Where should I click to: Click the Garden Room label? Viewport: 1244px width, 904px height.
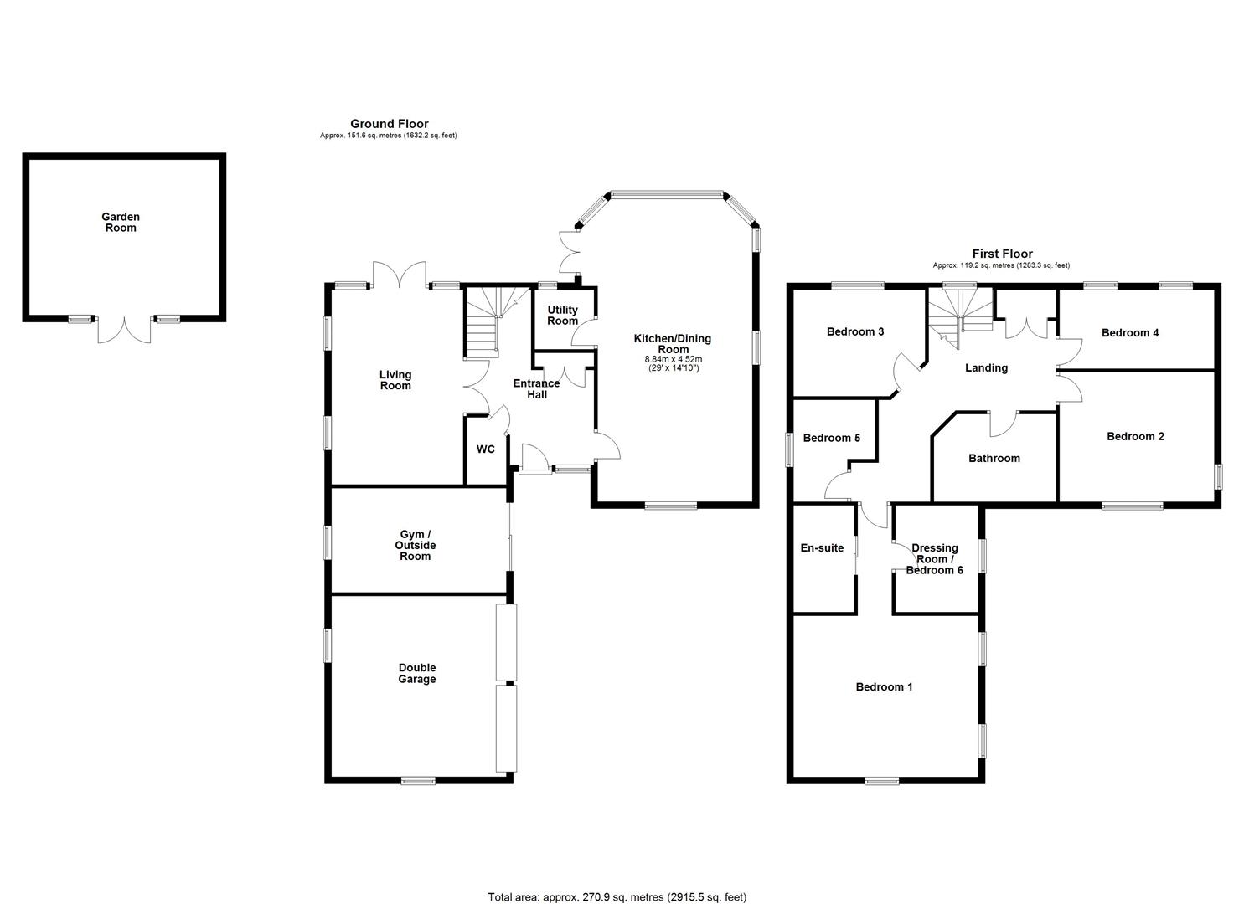pyautogui.click(x=121, y=223)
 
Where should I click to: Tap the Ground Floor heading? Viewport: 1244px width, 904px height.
pyautogui.click(x=389, y=124)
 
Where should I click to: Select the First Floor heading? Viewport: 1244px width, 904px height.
pyautogui.click(x=1002, y=254)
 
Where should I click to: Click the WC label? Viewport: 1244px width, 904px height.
pyautogui.click(x=486, y=449)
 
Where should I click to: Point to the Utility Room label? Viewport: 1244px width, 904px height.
pyautogui.click(x=562, y=316)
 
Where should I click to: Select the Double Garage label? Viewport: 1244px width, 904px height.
pyautogui.click(x=416, y=674)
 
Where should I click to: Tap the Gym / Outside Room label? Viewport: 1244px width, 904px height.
pyautogui.click(x=416, y=546)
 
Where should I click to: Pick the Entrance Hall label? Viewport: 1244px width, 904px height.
pyautogui.click(x=536, y=389)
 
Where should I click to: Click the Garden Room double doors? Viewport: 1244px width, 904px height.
pyautogui.click(x=124, y=329)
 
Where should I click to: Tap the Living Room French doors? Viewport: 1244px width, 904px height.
pyautogui.click(x=400, y=275)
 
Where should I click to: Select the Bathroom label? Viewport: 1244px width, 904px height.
pyautogui.click(x=994, y=459)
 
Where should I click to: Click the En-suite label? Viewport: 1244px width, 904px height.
pyautogui.click(x=822, y=548)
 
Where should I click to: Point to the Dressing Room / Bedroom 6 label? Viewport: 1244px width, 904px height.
pyautogui.click(x=935, y=559)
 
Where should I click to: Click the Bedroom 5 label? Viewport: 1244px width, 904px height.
pyautogui.click(x=831, y=438)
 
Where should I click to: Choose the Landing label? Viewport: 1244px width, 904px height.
pyautogui.click(x=986, y=367)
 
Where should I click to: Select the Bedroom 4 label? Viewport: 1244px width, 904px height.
pyautogui.click(x=1130, y=333)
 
